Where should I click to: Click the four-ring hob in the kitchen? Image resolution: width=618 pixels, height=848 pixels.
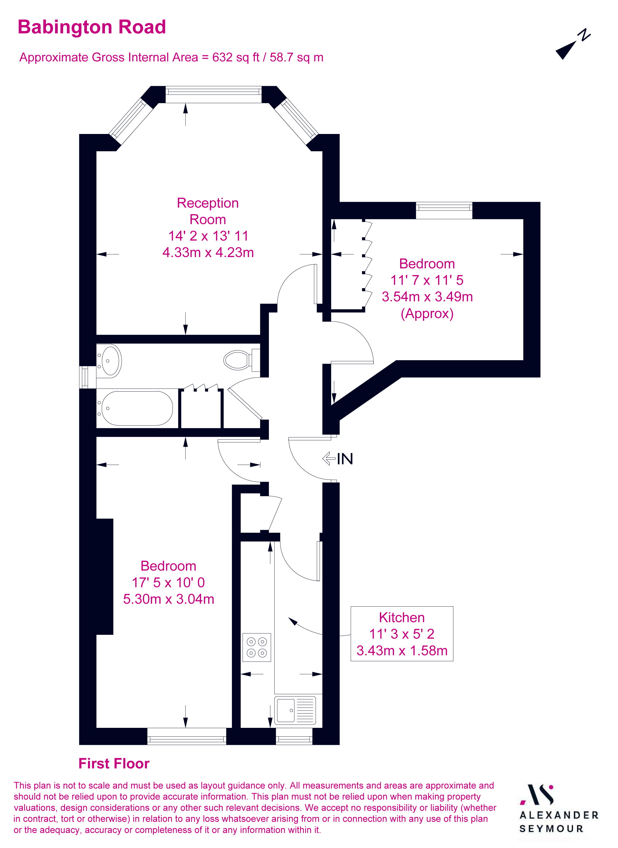tap(257, 647)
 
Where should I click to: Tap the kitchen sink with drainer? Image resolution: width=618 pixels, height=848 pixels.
tap(295, 710)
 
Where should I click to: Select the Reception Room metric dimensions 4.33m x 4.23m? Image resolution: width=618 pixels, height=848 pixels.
tap(208, 252)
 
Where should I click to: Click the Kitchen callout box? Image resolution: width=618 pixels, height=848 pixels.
tap(402, 634)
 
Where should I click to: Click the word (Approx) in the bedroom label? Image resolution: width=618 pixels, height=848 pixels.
tap(427, 313)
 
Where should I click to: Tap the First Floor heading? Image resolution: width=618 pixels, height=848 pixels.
tap(114, 763)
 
